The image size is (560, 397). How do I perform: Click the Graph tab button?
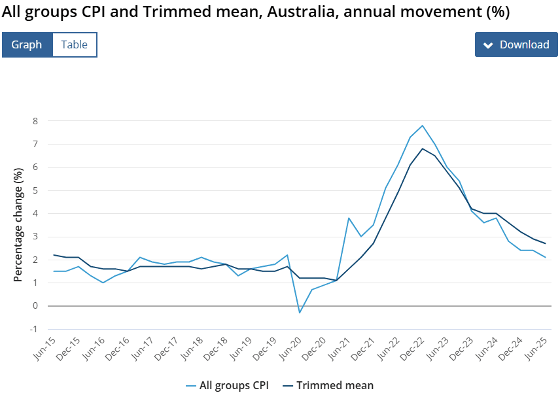point(27,44)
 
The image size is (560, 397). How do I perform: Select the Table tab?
point(75,44)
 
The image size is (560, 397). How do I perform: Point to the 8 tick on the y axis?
point(35,121)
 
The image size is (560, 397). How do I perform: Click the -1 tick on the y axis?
point(33,329)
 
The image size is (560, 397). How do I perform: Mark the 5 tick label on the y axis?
point(35,190)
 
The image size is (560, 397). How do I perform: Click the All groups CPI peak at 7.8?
point(423,126)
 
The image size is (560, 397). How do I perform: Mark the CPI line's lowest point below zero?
point(300,313)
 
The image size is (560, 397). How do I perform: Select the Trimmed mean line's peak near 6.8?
point(423,148)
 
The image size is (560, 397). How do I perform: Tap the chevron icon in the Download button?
point(487,45)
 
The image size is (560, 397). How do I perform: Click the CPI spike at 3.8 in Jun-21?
point(349,218)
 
